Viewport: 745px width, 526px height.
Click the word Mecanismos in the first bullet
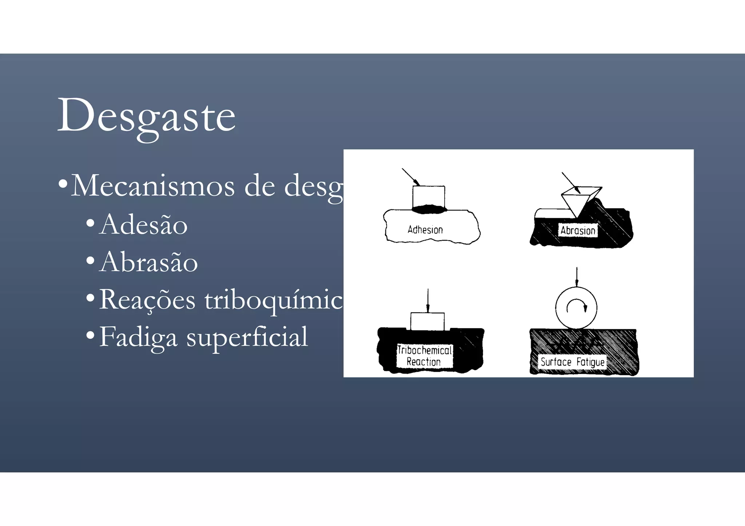pyautogui.click(x=153, y=186)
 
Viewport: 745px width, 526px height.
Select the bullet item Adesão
pyautogui.click(x=143, y=225)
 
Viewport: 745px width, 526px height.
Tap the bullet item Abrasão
pyautogui.click(x=148, y=262)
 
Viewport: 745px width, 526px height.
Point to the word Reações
pyautogui.click(x=147, y=300)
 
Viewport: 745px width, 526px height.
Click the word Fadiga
pyautogui.click(x=138, y=337)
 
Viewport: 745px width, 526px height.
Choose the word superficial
pyautogui.click(x=247, y=337)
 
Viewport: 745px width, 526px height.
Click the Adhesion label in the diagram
pyautogui.click(x=425, y=230)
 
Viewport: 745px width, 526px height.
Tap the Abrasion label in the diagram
pyautogui.click(x=578, y=230)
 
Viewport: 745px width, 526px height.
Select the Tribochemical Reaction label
pyautogui.click(x=424, y=356)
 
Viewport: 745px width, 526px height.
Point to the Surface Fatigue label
pyautogui.click(x=572, y=362)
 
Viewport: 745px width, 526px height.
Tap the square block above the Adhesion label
pyautogui.click(x=429, y=197)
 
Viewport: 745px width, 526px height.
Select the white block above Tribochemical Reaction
pyautogui.click(x=427, y=321)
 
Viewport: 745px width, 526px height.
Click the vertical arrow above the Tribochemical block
pyautogui.click(x=428, y=300)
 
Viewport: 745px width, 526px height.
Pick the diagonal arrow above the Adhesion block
pyautogui.click(x=411, y=177)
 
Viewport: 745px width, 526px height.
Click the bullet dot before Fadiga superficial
pyautogui.click(x=90, y=334)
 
